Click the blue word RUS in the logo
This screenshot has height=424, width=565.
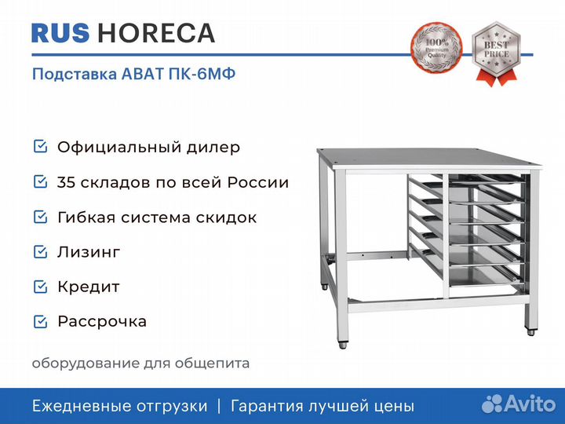(x=60, y=33)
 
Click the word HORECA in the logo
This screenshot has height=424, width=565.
(x=156, y=33)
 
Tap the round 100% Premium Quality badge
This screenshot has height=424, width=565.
(x=437, y=47)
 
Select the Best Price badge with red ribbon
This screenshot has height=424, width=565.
(x=497, y=53)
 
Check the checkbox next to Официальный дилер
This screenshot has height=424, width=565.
(x=40, y=146)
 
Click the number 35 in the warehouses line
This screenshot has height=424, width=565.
(x=66, y=182)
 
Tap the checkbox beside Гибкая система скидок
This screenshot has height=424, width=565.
(x=40, y=217)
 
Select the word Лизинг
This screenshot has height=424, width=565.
(x=89, y=252)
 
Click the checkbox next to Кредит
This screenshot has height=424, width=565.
(x=40, y=287)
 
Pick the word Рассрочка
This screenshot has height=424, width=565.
(x=102, y=322)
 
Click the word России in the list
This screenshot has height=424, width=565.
(x=258, y=182)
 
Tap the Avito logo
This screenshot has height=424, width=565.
(x=519, y=404)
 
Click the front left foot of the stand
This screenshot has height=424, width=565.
(x=343, y=345)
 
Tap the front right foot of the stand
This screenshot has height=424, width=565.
(x=530, y=332)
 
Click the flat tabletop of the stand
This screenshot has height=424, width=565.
(x=428, y=159)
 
